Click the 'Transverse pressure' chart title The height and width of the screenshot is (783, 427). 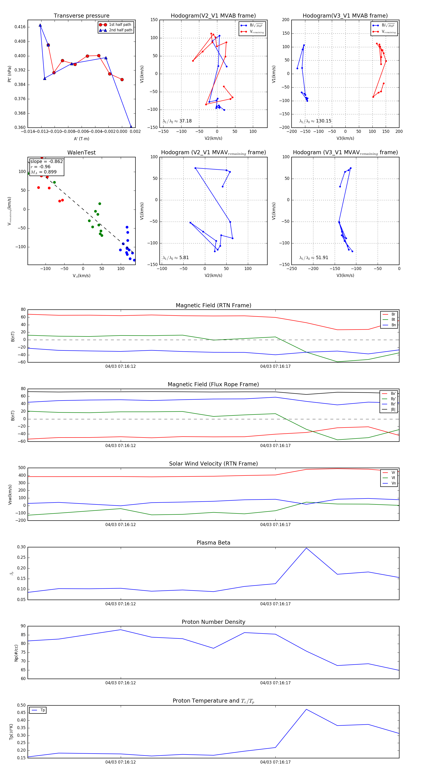tap(81, 16)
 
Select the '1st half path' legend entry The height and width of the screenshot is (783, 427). tap(120, 25)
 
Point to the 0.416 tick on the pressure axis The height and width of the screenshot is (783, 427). tap(20, 27)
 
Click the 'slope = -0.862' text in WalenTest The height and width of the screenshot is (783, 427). tap(46, 161)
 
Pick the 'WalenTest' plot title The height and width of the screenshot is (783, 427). tap(81, 153)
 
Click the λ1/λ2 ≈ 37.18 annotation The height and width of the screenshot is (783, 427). tap(177, 121)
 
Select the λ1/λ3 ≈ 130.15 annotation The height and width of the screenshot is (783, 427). tap(315, 121)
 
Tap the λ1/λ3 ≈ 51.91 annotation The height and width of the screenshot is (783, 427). tap(314, 258)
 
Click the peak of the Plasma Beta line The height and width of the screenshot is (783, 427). tap(306, 548)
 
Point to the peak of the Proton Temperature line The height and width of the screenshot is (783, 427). tap(306, 709)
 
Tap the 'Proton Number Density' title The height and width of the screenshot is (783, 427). tap(213, 622)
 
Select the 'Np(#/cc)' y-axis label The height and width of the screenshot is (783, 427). tap(16, 653)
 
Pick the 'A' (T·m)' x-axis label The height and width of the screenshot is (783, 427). tap(81, 139)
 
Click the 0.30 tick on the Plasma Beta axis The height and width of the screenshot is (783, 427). tap(21, 547)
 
